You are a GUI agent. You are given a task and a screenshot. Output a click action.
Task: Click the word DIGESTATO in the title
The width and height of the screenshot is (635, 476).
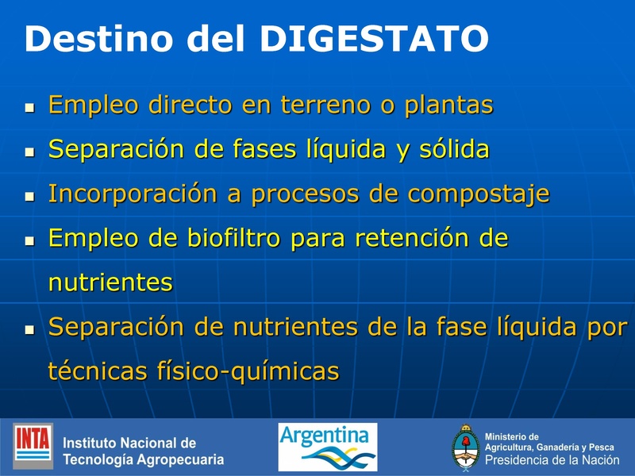pyautogui.click(x=374, y=39)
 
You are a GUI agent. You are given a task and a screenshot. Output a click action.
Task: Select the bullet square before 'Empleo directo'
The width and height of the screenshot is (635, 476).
pyautogui.click(x=30, y=106)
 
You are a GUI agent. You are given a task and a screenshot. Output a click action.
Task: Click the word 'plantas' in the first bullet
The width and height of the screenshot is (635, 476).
pyautogui.click(x=448, y=106)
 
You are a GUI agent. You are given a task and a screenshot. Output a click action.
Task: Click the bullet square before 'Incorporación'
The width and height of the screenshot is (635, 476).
pyautogui.click(x=30, y=195)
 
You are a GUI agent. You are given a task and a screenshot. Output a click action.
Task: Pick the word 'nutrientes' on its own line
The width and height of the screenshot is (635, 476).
pyautogui.click(x=110, y=282)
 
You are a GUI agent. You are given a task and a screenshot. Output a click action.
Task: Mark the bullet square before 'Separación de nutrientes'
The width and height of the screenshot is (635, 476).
pyautogui.click(x=30, y=328)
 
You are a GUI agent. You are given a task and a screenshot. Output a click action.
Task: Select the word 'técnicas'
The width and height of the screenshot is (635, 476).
pyautogui.click(x=94, y=370)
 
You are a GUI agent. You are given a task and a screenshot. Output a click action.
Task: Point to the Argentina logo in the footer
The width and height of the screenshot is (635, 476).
pyautogui.click(x=327, y=446)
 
